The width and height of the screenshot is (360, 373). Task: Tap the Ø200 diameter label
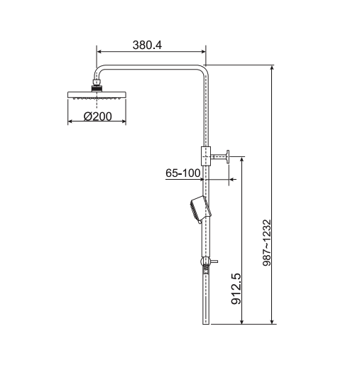point(98,117)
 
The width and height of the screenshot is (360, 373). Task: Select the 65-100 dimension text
point(182,173)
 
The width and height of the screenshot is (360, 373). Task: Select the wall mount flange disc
point(229,156)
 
